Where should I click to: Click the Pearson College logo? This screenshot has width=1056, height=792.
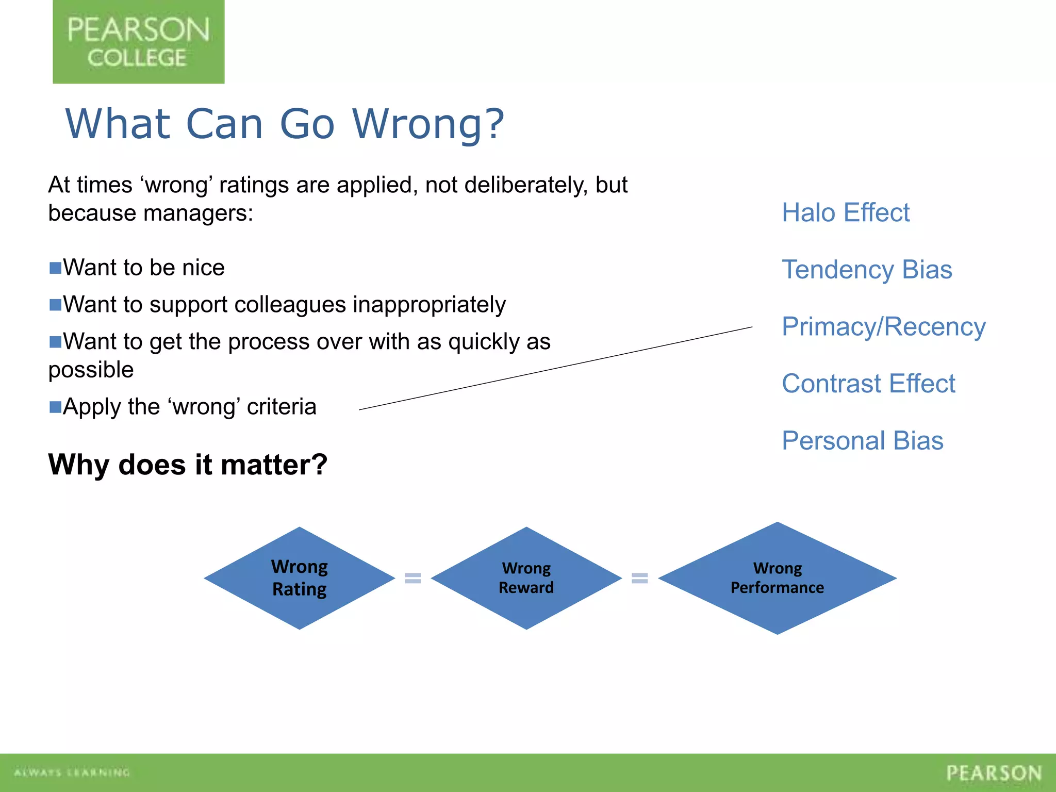(x=138, y=42)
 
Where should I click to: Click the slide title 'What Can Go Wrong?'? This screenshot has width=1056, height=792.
(x=285, y=124)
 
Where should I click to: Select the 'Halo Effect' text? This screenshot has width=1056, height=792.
(x=846, y=212)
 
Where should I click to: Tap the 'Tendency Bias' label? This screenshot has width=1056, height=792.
(x=867, y=270)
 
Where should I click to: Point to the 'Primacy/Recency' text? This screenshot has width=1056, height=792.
(x=883, y=327)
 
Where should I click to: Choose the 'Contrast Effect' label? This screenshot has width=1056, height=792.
(x=868, y=384)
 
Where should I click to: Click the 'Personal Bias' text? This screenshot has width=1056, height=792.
(x=862, y=441)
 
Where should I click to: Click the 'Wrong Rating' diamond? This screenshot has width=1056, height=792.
(x=300, y=578)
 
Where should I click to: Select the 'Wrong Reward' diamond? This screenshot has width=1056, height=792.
(x=526, y=578)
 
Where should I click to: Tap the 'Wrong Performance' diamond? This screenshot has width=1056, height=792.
(x=777, y=578)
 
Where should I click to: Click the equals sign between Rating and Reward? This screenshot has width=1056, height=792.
(x=412, y=578)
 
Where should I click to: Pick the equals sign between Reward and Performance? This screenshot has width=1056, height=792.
(x=639, y=578)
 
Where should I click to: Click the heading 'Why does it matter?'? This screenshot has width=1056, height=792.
(x=188, y=465)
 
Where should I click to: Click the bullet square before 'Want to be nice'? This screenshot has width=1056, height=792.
(x=55, y=268)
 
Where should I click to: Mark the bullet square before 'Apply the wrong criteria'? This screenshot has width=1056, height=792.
(x=55, y=407)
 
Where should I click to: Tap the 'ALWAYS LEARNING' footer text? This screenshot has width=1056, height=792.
(x=72, y=772)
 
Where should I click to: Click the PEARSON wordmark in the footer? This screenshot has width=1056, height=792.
(x=994, y=773)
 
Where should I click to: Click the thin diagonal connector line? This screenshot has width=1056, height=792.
(x=556, y=368)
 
